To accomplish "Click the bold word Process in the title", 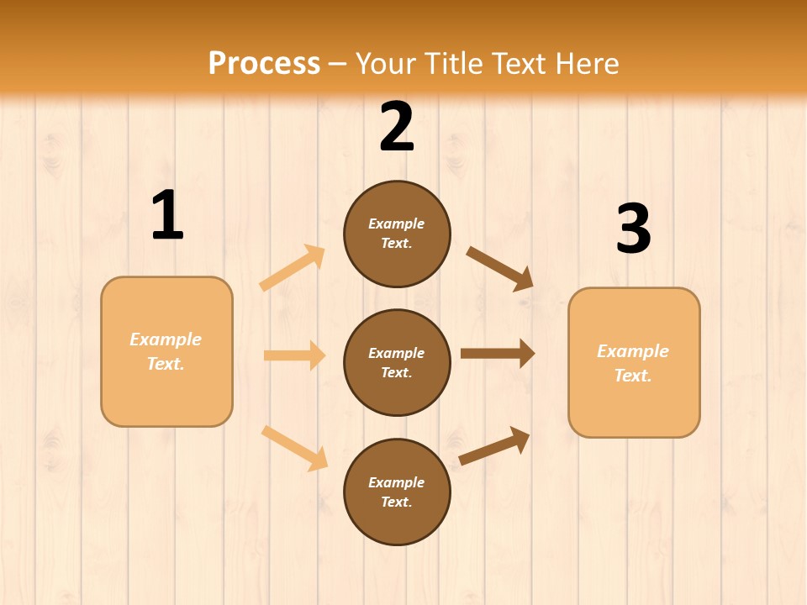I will (x=264, y=63).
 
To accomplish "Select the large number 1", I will (x=167, y=216).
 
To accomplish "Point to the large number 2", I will (x=397, y=127).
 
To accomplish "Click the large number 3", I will (x=633, y=229).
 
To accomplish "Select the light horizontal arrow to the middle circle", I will (x=294, y=355).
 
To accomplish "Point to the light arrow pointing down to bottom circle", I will (x=294, y=448).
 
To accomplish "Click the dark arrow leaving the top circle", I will (x=500, y=269).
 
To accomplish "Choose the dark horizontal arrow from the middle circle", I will (x=498, y=354).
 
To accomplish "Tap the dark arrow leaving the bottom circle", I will (x=494, y=446).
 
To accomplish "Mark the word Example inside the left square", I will (x=166, y=339).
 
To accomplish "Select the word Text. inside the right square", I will (x=633, y=376).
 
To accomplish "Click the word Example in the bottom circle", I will (x=396, y=482).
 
